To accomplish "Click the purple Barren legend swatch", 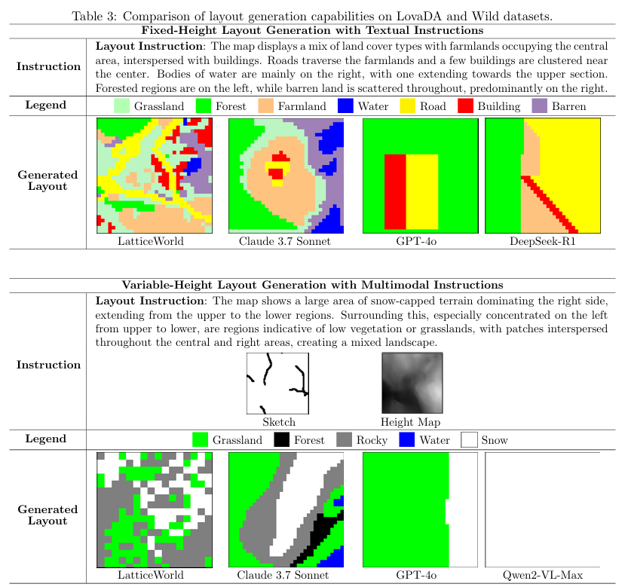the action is [x=539, y=106].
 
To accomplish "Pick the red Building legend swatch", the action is [x=465, y=106].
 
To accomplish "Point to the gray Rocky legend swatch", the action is [x=345, y=440].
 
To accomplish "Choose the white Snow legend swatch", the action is [x=469, y=440].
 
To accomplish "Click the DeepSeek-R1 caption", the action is [x=542, y=242].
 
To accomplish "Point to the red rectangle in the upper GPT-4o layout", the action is [x=395, y=191].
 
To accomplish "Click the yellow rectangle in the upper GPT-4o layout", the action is [x=422, y=191].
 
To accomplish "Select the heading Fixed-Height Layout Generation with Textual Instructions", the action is [x=312, y=30].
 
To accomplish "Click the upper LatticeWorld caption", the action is [x=151, y=242].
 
